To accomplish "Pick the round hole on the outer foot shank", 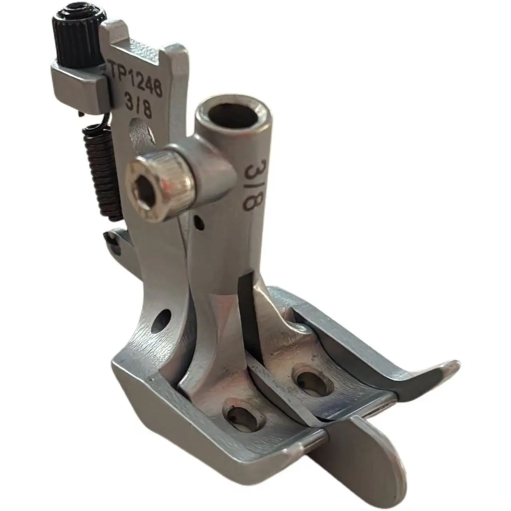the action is tap(162, 321).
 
